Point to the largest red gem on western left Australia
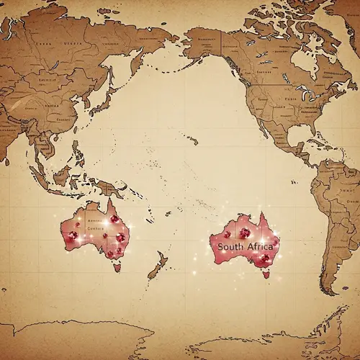click(x=72, y=235)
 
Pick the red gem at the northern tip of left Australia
click(x=114, y=219)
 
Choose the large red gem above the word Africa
click(x=246, y=233)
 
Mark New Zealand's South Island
click(x=153, y=272)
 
